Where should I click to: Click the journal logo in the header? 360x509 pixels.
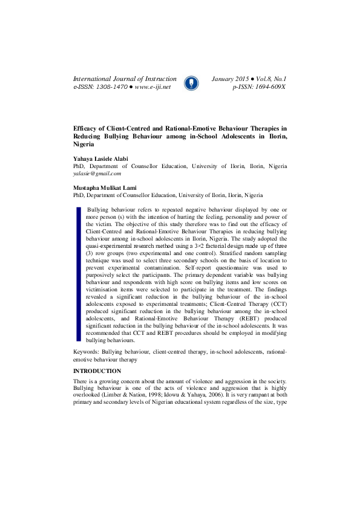[191, 83]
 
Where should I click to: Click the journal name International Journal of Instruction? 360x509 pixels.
[124, 79]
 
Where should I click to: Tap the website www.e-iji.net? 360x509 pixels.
[152, 87]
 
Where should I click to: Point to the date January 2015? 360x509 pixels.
[230, 79]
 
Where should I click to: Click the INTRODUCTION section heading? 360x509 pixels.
[97, 371]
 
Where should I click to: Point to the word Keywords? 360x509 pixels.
[86, 351]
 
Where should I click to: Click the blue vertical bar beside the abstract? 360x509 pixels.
[78, 275]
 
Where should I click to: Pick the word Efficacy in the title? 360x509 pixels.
[87, 129]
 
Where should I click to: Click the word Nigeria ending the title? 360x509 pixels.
[83, 145]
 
